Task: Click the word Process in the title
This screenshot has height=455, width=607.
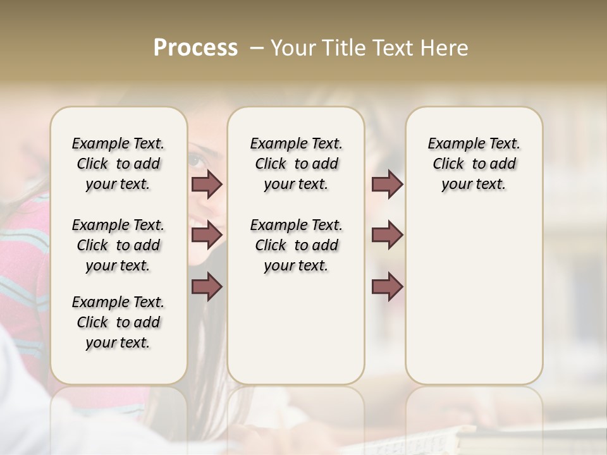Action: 195,48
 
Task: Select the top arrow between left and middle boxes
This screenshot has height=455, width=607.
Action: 207,185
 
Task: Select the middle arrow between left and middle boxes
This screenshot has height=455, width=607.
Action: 207,235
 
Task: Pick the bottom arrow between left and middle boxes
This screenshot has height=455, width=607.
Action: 207,287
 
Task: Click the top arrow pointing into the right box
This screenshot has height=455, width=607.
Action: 387,185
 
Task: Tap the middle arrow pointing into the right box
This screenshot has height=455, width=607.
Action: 387,235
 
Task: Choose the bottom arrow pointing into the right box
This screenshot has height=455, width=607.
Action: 387,287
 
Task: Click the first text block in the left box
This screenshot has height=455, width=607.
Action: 118,164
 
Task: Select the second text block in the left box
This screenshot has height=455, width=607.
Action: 118,245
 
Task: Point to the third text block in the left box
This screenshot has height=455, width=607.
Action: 118,322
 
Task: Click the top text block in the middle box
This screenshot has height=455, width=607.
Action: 296,164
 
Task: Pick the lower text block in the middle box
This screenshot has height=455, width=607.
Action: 296,245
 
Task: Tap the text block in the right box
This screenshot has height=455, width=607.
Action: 474,164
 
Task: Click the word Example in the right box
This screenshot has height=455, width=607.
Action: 451,144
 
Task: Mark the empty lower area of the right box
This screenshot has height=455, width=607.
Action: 474,297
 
